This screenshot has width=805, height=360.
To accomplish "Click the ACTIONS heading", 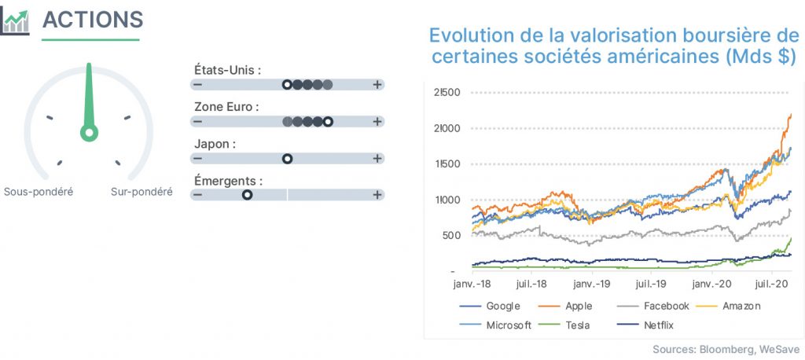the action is [93, 20].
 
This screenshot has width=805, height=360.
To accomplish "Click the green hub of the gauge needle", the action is [89, 133].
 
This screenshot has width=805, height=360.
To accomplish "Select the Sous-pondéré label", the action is [39, 192].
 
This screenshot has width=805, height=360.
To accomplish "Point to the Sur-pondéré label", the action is [142, 192].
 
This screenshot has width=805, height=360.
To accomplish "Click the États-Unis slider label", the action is [227, 70].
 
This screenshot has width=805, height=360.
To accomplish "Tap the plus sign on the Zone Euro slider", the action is [377, 122].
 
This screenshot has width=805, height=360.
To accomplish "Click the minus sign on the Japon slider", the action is [197, 158].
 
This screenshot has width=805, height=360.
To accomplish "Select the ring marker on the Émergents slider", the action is [248, 195].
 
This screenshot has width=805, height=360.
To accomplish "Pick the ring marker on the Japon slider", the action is [288, 158].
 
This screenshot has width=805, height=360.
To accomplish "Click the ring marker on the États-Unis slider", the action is [288, 85].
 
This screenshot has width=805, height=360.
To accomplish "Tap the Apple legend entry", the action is [565, 307].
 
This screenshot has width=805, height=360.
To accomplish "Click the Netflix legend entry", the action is [645, 325].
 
